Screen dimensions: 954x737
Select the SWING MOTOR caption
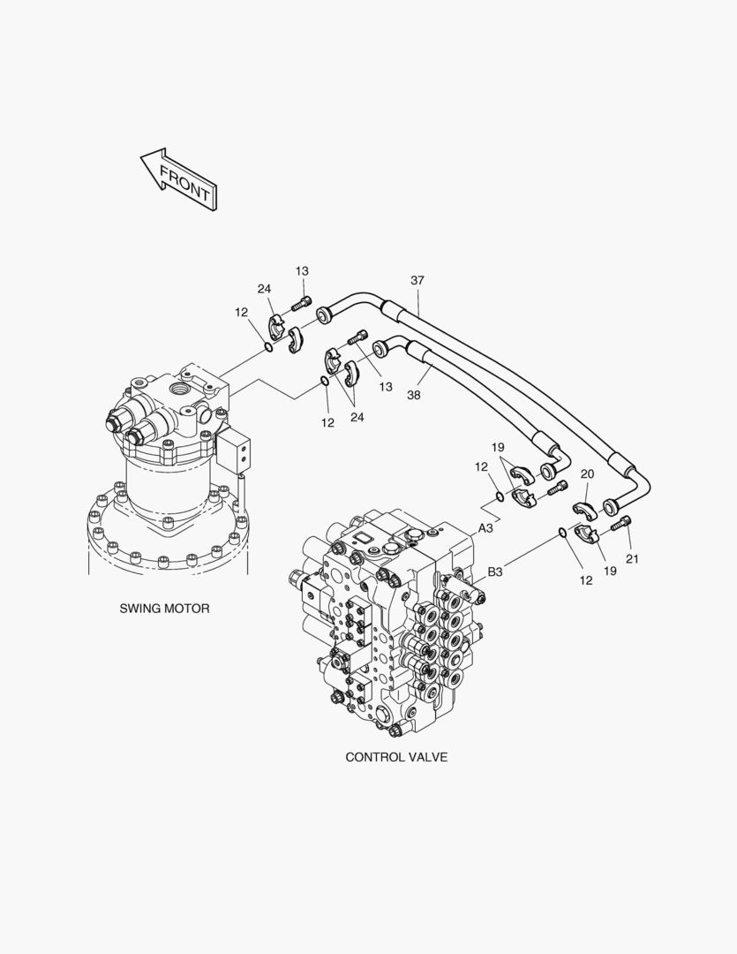[165, 609]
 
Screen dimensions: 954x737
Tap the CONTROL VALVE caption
[396, 757]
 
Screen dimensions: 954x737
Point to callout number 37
[417, 281]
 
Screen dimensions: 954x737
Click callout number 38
[414, 396]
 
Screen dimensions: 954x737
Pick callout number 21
[632, 558]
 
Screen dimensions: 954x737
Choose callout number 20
[587, 474]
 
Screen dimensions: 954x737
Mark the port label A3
[486, 528]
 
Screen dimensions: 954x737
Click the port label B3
[495, 572]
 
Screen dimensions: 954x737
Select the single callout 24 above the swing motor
[264, 289]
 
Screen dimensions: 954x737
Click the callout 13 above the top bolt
[302, 270]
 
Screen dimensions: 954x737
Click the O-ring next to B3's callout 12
[562, 531]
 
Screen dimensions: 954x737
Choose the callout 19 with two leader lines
[498, 448]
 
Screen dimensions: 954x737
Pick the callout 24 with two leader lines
[357, 418]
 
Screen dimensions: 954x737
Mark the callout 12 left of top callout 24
[242, 312]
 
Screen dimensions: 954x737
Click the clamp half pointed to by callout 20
[584, 509]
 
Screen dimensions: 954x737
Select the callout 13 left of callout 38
[385, 387]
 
